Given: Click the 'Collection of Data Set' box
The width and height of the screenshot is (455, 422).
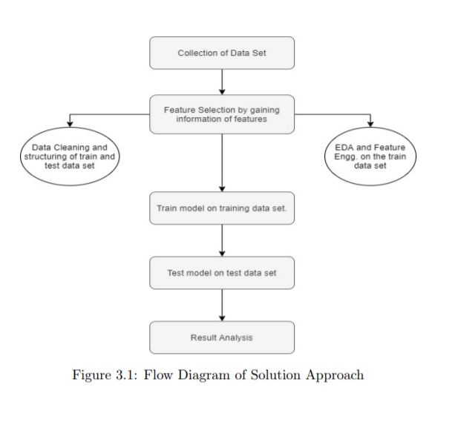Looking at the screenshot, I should tap(222, 53).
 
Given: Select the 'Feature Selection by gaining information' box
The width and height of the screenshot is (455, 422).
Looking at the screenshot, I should tap(222, 114).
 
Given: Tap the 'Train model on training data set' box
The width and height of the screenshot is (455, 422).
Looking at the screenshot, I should tap(222, 208).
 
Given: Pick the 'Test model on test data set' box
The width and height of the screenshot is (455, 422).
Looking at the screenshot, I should tap(222, 272).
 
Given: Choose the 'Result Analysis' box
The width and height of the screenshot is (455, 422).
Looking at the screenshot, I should tap(222, 337).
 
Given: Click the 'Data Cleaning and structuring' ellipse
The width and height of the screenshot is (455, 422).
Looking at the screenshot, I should tap(70, 156).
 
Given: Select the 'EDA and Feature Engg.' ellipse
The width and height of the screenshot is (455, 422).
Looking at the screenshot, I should tap(370, 156).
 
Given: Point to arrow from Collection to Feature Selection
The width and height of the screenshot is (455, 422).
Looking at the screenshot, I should tap(222, 82).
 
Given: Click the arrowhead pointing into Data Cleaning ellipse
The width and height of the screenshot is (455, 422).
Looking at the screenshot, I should tap(70, 125).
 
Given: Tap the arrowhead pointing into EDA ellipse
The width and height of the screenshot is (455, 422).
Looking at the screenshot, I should tap(370, 125).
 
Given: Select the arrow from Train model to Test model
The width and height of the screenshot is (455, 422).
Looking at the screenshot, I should tap(222, 240).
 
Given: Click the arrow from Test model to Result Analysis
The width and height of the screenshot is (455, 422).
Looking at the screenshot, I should tap(222, 305).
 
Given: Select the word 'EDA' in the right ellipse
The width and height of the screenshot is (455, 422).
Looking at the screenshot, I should tap(345, 148).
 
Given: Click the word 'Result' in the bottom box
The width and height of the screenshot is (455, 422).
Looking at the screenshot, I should tap(203, 337).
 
